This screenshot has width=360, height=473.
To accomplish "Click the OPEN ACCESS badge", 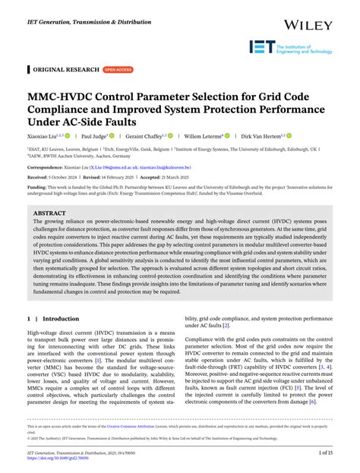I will coord(117,69).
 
